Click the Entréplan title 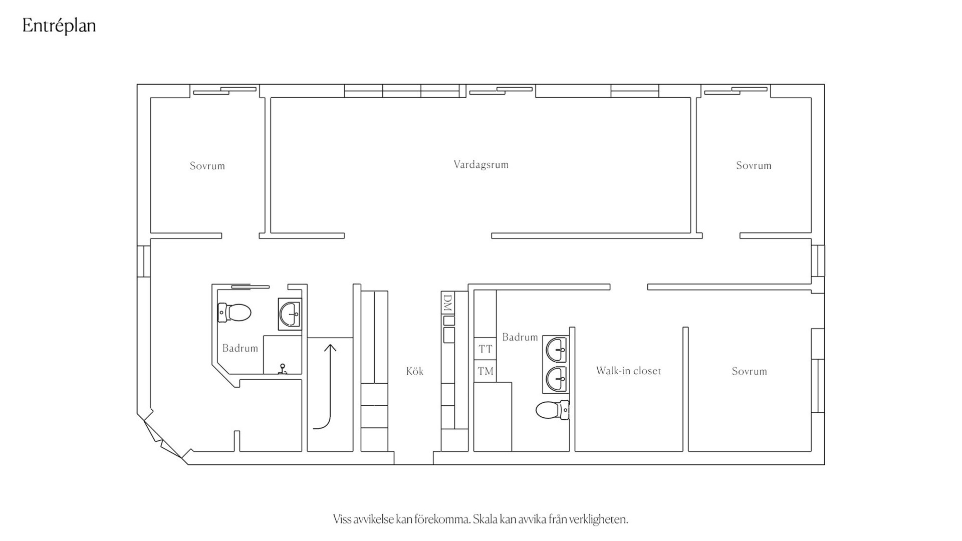59,26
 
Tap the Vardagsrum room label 481,164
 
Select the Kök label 414,371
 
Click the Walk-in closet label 628,371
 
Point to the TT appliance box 485,349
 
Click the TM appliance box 485,371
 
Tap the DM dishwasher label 448,303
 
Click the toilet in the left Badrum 234,313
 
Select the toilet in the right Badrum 553,410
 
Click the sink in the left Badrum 290,314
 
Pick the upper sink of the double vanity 556,350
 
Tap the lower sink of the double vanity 556,379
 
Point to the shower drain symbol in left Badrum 283,369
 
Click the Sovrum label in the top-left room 207,166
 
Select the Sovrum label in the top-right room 754,165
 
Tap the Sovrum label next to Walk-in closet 749,371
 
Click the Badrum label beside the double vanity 520,337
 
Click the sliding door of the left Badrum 251,287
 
